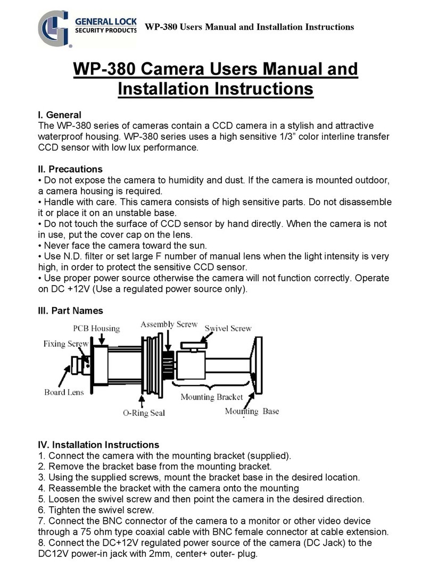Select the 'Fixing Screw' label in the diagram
point(65,344)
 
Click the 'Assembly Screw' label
point(169,324)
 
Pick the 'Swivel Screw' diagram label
point(228,329)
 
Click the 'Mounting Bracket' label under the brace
point(211,397)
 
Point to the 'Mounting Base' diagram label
point(252,411)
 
